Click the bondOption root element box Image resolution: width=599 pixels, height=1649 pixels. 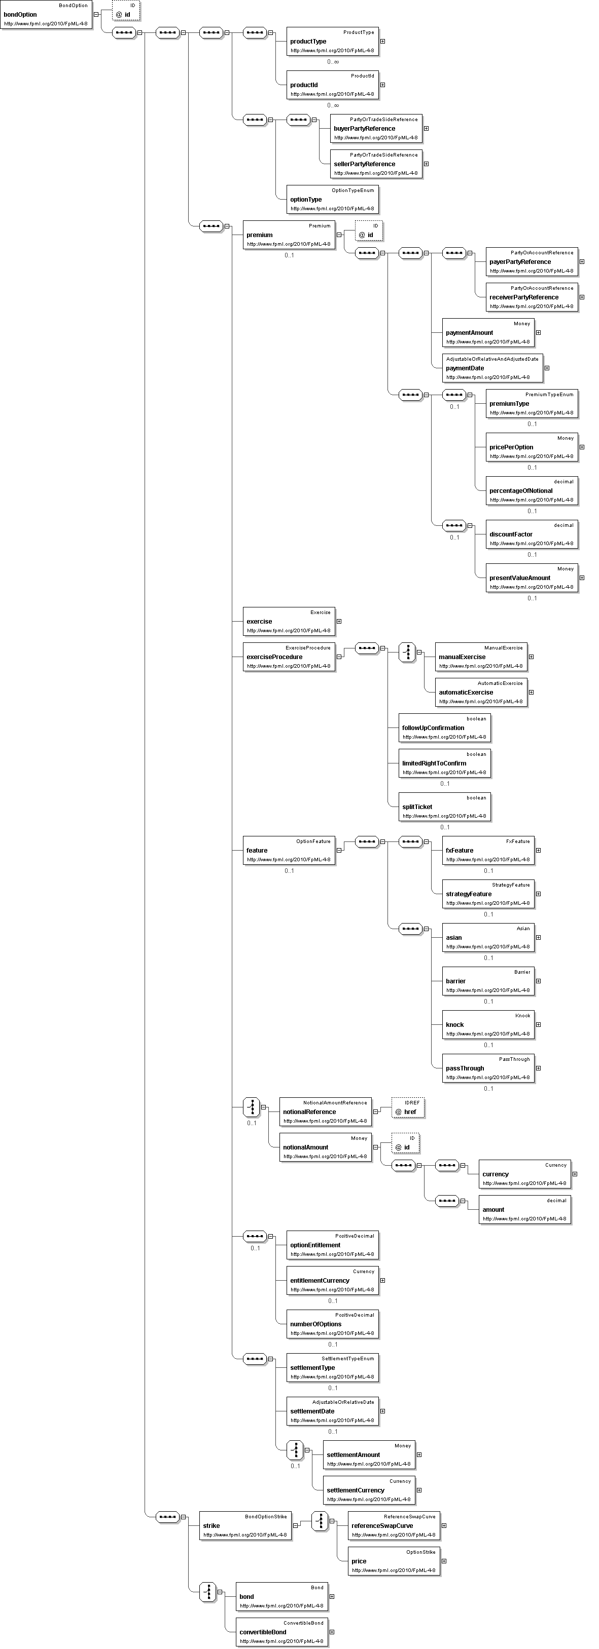pos(46,15)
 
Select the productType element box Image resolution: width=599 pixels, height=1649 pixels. pos(333,42)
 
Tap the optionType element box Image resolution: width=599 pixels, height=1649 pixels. pos(333,200)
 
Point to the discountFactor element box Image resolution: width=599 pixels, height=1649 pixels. pos(532,534)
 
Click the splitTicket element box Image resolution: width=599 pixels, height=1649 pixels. pos(445,807)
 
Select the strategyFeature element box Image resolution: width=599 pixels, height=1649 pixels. pos(488,894)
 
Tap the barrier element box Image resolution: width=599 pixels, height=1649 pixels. pos(488,981)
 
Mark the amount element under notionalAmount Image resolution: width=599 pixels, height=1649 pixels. pos(524,1209)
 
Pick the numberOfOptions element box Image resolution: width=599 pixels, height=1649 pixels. pos(333,1324)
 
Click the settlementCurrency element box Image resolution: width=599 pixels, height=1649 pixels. pos(369,1490)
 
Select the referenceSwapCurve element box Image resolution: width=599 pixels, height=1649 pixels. pos(394,1525)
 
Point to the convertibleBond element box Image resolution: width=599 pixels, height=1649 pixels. pos(282,1632)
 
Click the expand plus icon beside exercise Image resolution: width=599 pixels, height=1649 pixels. pos(339,622)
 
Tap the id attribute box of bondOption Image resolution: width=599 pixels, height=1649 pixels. pos(126,11)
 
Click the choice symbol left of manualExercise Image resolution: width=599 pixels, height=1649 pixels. pos(407,653)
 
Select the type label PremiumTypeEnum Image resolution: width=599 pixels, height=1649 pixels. pos(549,394)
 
